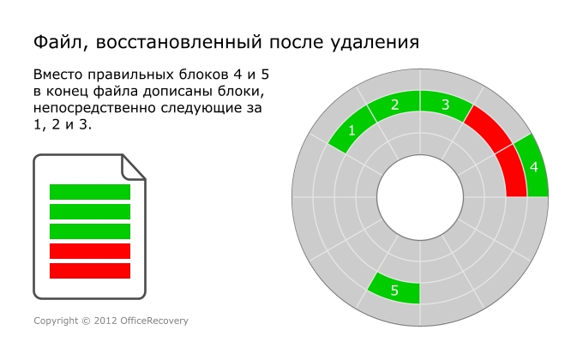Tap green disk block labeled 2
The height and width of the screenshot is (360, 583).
coord(394,105)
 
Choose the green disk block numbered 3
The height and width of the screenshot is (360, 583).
coord(444,105)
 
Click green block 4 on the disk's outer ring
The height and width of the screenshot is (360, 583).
coord(534,166)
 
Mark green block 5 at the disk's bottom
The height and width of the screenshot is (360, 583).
coord(394,290)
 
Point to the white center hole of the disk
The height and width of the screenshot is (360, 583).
coord(420,197)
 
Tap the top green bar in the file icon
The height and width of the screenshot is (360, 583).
coord(90,191)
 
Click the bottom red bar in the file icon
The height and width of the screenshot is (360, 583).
coord(90,271)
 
